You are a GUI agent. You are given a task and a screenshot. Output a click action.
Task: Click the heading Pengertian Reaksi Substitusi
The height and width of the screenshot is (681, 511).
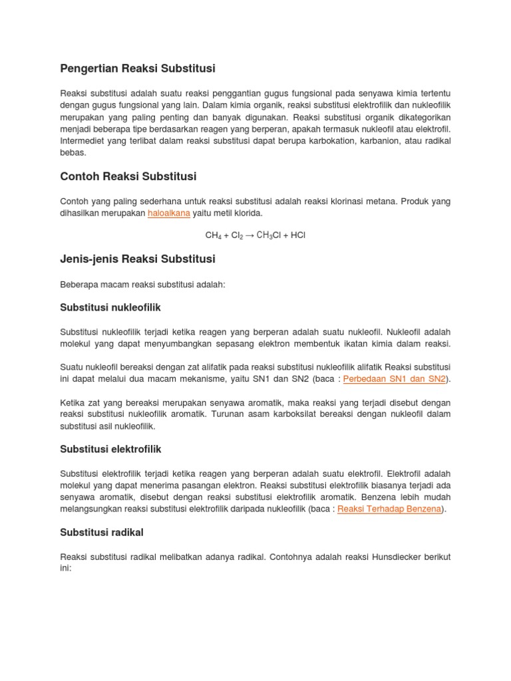pos(138,68)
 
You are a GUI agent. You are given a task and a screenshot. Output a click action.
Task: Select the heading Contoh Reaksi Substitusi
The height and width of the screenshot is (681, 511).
pos(128,176)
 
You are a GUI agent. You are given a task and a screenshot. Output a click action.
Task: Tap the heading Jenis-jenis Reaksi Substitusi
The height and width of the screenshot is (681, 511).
pos(138,259)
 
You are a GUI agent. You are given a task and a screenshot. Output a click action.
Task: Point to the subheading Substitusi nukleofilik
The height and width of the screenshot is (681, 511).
pos(110,308)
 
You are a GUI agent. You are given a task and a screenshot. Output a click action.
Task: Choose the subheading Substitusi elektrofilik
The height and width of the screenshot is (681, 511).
pos(110,450)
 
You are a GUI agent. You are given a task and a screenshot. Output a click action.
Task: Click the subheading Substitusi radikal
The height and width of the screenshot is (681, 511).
pos(102,532)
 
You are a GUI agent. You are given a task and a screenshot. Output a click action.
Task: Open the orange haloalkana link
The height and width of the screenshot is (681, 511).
pos(169,213)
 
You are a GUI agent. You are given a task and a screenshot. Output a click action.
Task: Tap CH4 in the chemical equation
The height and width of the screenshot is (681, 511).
pos(213,235)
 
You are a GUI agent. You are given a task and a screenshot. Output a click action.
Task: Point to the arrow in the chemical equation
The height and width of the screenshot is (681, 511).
pos(250,235)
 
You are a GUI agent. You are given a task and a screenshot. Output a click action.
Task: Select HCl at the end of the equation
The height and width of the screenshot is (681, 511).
pos(297,235)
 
